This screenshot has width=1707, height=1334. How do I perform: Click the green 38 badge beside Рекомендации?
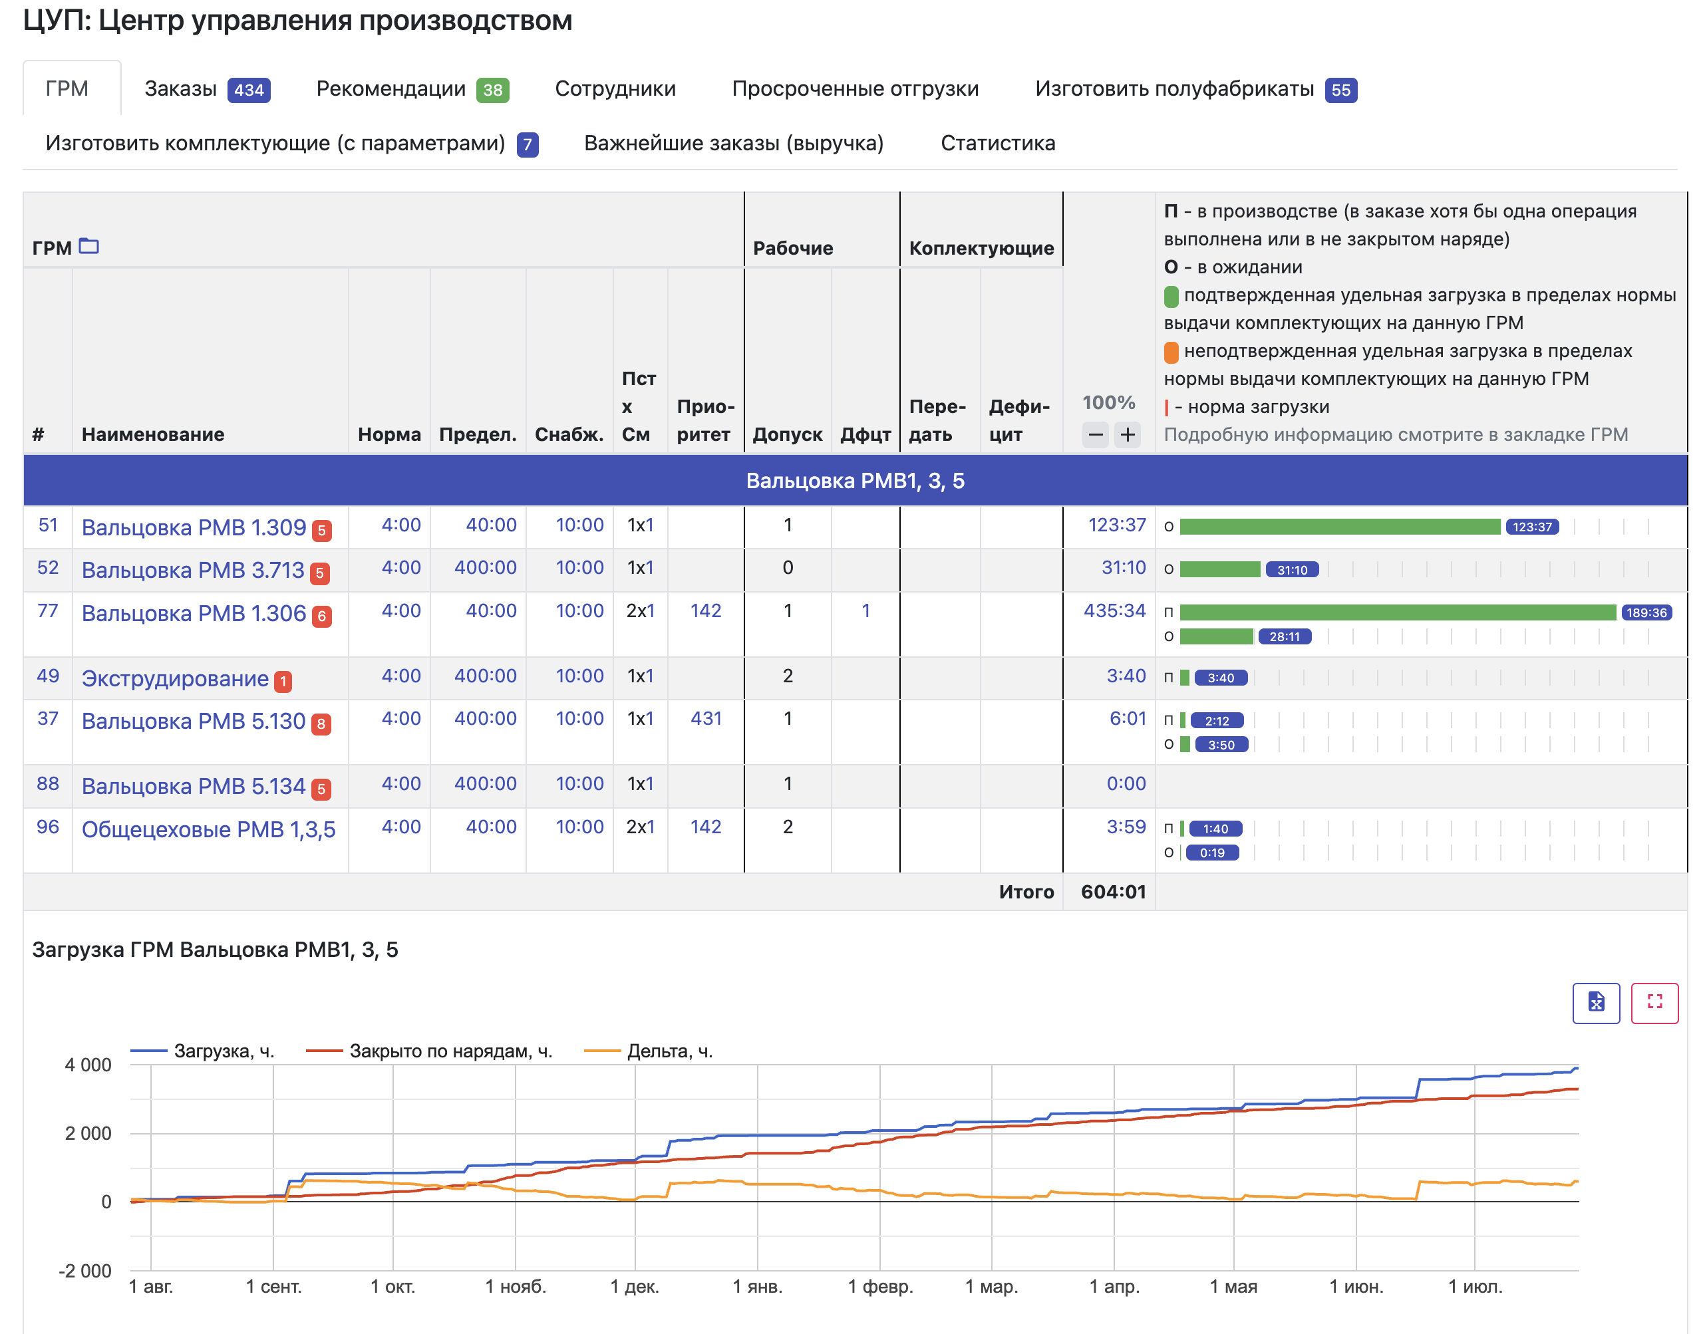[x=492, y=90]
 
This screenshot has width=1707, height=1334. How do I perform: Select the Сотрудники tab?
[x=615, y=89]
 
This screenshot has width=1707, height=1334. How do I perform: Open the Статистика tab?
[x=997, y=143]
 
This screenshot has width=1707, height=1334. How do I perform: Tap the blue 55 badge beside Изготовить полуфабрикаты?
[x=1340, y=90]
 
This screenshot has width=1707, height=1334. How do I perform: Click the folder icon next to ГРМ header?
[x=89, y=246]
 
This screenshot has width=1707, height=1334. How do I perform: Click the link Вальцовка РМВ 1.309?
[x=193, y=527]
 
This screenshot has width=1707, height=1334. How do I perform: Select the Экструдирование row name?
[x=175, y=678]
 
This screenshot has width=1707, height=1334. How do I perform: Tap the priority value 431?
[x=706, y=718]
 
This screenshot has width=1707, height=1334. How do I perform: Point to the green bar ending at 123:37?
[x=1340, y=527]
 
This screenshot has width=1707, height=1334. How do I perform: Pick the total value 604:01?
[x=1113, y=892]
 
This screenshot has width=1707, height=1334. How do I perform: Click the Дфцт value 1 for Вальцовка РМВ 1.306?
[x=865, y=610]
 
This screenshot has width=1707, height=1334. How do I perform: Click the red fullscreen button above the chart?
[x=1654, y=1003]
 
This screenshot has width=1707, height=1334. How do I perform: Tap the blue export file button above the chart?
[x=1596, y=1003]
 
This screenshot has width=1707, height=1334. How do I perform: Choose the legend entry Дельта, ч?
[x=649, y=1051]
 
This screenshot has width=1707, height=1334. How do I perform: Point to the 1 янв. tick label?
[x=757, y=1286]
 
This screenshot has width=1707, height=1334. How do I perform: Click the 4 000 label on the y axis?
[x=88, y=1065]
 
